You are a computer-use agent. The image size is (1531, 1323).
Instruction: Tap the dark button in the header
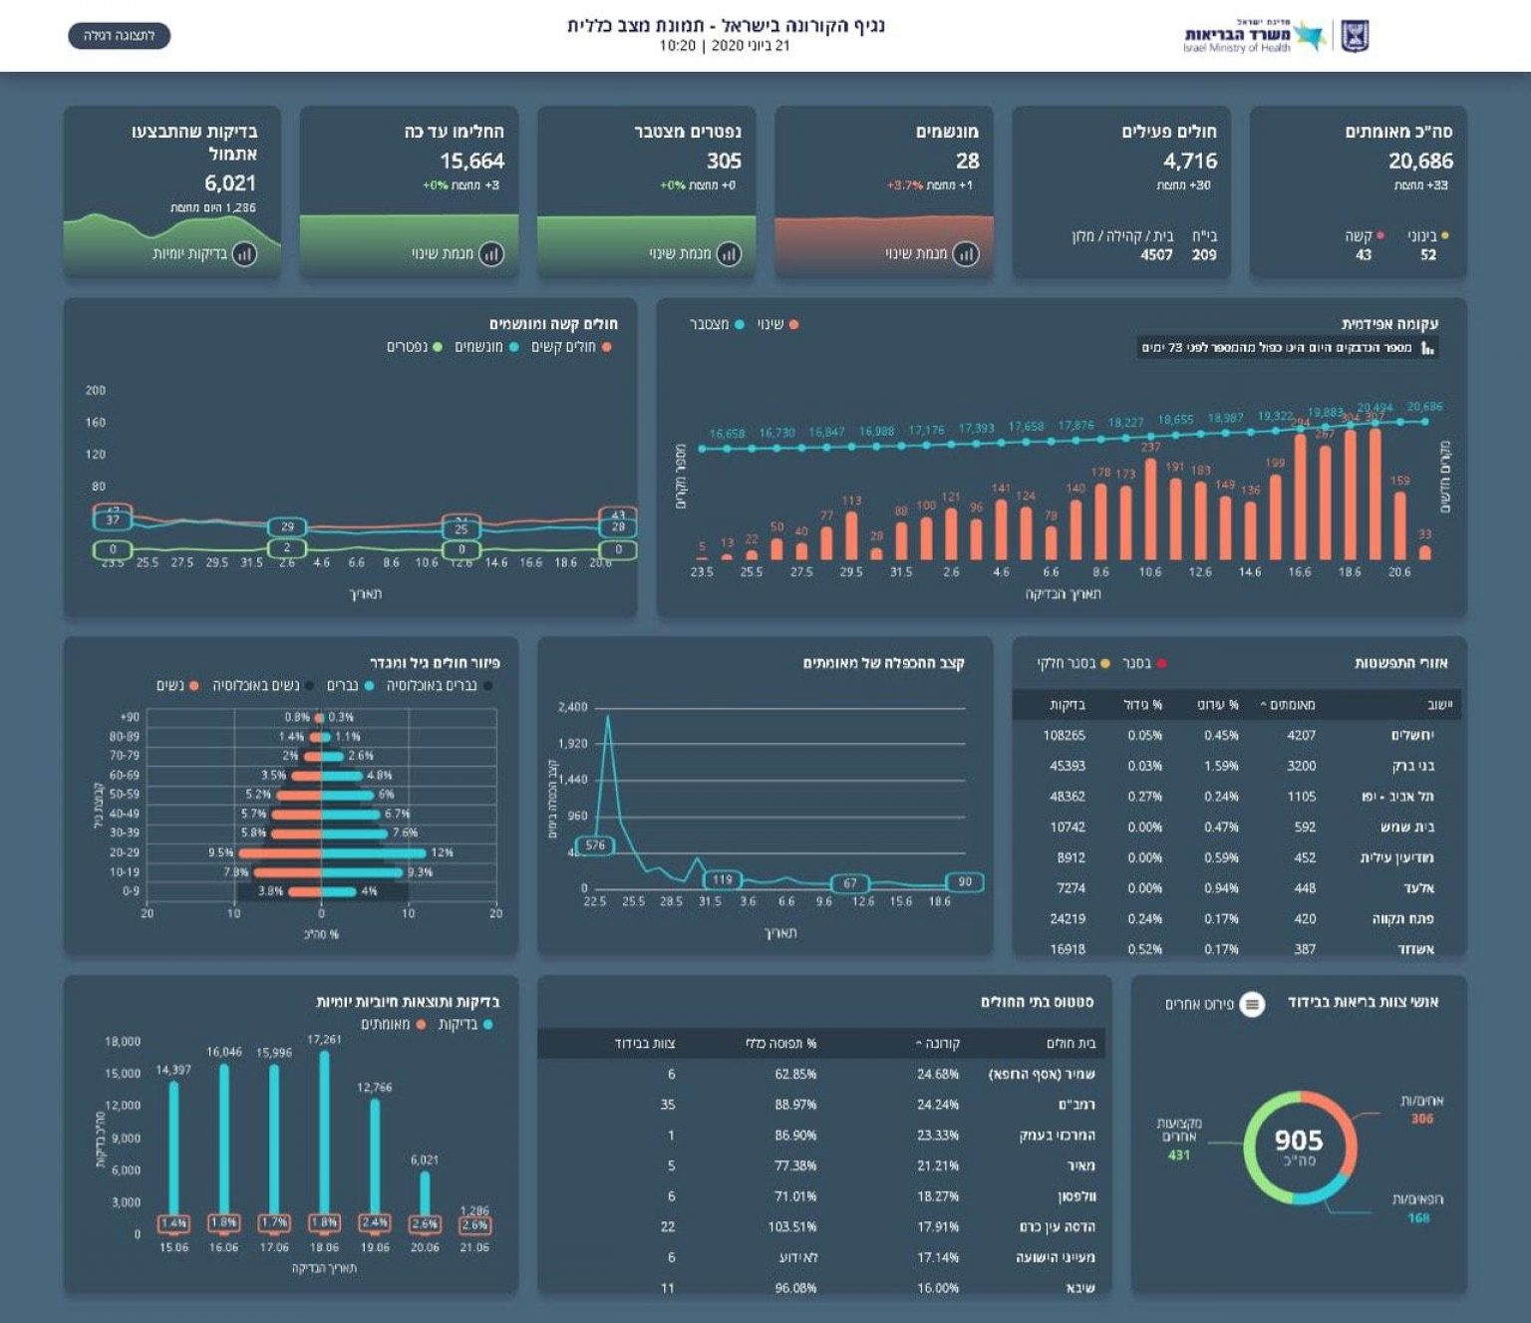pyautogui.click(x=120, y=36)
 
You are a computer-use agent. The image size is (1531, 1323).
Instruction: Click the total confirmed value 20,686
pyautogui.click(x=1420, y=161)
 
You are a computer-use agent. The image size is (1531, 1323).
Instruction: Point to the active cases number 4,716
pyautogui.click(x=1189, y=161)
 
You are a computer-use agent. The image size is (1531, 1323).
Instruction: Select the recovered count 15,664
pyautogui.click(x=471, y=161)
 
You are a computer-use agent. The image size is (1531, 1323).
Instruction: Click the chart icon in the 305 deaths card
pyautogui.click(x=729, y=254)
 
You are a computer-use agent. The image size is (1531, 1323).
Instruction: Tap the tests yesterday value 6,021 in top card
pyautogui.click(x=230, y=183)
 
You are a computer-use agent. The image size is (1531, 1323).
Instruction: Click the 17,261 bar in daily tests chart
pyautogui.click(x=324, y=1132)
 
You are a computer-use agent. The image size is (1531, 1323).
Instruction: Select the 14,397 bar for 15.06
pyautogui.click(x=174, y=1147)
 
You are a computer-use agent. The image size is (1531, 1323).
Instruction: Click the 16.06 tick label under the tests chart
pyautogui.click(x=224, y=1247)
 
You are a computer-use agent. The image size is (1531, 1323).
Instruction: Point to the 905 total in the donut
pyautogui.click(x=1299, y=1141)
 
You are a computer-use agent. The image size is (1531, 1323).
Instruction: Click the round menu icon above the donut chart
pyautogui.click(x=1252, y=1004)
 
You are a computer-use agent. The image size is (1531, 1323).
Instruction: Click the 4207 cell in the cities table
pyautogui.click(x=1301, y=736)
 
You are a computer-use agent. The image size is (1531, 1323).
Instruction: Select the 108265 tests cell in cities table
pyautogui.click(x=1064, y=736)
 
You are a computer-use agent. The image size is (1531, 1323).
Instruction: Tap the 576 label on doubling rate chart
pyautogui.click(x=595, y=845)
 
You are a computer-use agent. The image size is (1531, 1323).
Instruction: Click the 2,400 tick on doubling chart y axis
pyautogui.click(x=572, y=707)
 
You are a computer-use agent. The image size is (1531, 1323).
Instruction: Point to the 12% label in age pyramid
pyautogui.click(x=442, y=852)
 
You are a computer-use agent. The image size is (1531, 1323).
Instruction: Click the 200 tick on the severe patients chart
pyautogui.click(x=96, y=390)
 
